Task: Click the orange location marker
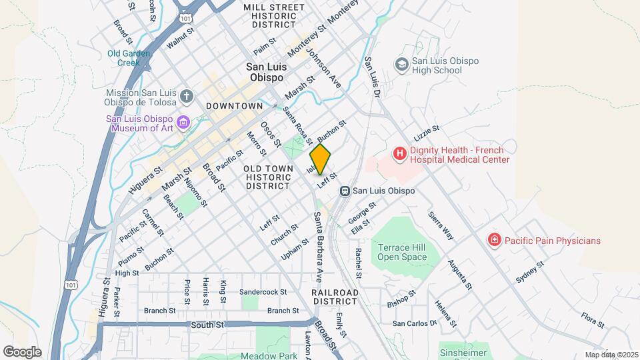point(320,159)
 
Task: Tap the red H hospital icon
point(399,154)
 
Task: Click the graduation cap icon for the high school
point(401,65)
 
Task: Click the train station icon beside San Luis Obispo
point(345,191)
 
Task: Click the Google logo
point(22,351)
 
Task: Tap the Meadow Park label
point(269,356)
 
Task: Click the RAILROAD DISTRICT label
point(335,297)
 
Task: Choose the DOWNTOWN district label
point(234,106)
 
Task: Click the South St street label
point(206,325)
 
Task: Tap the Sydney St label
point(531,273)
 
